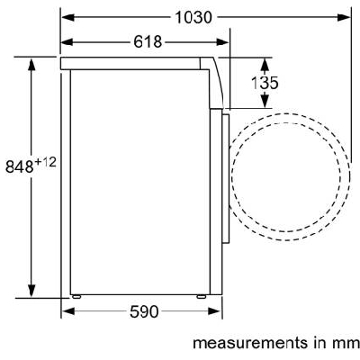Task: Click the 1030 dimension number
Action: pyautogui.click(x=193, y=17)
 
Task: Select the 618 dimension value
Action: pyautogui.click(x=148, y=41)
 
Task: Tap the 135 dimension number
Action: pyautogui.click(x=265, y=83)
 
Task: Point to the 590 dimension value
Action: pyautogui.click(x=144, y=311)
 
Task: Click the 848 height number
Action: pyautogui.click(x=19, y=166)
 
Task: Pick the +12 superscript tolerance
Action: pyautogui.click(x=45, y=163)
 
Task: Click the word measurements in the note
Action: pyautogui.click(x=250, y=343)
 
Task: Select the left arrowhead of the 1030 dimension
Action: pyautogui.click(x=67, y=17)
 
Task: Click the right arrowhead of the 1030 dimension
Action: pyautogui.click(x=344, y=17)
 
